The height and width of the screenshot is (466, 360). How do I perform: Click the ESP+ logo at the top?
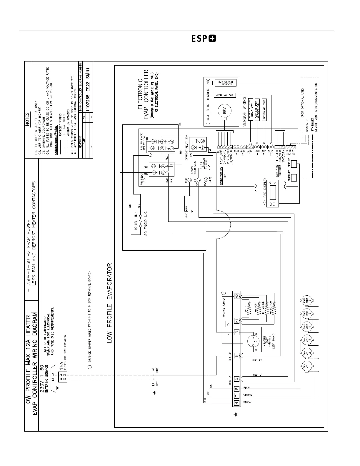pyautogui.click(x=204, y=39)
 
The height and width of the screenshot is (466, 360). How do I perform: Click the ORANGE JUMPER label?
pyautogui.click(x=224, y=308)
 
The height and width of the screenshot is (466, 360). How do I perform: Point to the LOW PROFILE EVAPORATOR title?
pyautogui.click(x=109, y=303)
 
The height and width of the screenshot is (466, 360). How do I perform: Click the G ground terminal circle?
pyautogui.click(x=190, y=180)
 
